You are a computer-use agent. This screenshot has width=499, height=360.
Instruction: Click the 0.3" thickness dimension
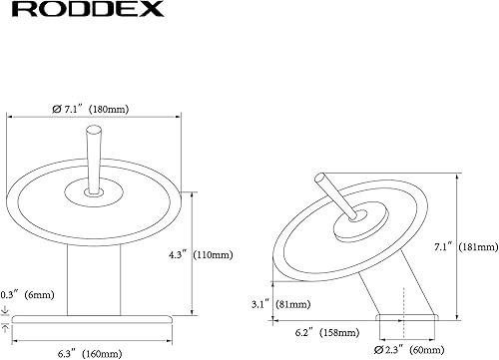tap(12, 295)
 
